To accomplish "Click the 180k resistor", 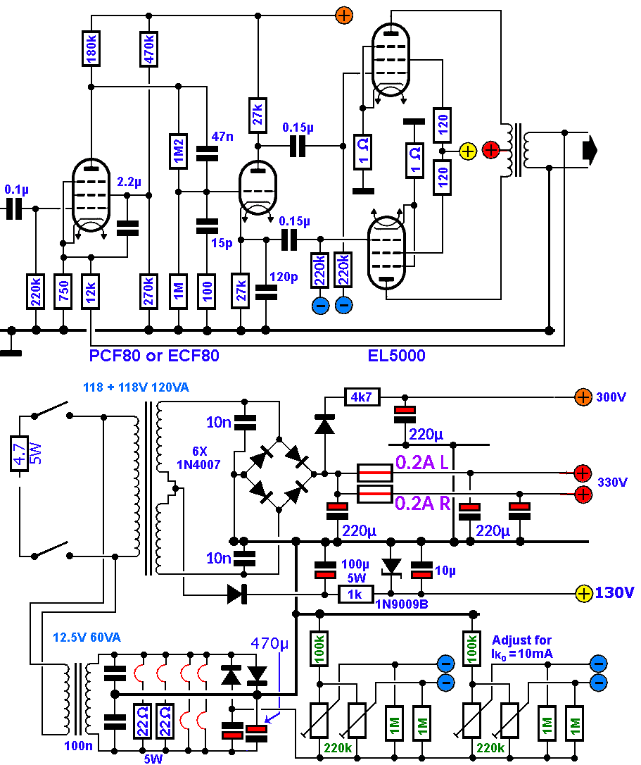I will coord(91,48).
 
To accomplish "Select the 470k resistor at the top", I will coord(148,48).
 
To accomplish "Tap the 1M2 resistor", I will coord(179,151).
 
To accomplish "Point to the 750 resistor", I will coord(64,290).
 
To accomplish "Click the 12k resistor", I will coord(91,290).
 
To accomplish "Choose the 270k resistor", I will coord(148,290).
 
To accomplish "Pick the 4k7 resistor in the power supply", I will coord(362,398).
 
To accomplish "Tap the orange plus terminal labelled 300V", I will coord(583,397).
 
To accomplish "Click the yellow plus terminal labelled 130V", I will coord(584,593).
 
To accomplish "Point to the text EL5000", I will coord(397,356).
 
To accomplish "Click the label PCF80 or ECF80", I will coord(154,356).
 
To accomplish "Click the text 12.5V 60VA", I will coord(87,637).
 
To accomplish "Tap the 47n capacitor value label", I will coord(223,137).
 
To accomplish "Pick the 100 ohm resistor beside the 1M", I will coord(207,290).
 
